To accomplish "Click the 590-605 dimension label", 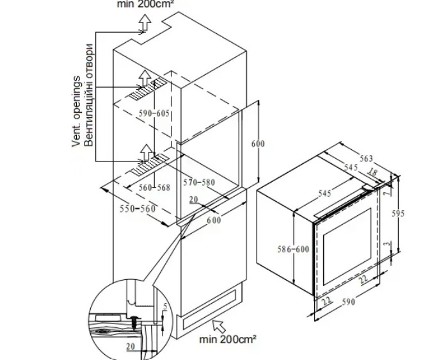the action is pos(154,113).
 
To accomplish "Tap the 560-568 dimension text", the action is pos(155,188).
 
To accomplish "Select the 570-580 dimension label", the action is pos(199,183).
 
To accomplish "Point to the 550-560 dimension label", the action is pos(138,209).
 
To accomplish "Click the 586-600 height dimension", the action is pos(293,249).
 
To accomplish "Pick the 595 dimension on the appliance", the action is pos(398,214).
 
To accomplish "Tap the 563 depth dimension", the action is pos(366,159).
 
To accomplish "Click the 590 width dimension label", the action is pos(348,302).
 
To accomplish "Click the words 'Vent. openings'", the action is pos(76,111).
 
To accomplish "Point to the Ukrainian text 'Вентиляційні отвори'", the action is pos(88,95).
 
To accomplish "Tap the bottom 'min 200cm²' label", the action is pos(228,340).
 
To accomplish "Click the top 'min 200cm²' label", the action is pos(145,4).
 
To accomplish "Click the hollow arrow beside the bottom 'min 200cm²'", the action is pos(219,327).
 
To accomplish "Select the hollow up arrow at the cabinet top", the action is pos(145,22).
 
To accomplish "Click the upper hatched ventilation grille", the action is pos(148,88).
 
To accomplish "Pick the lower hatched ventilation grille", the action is pos(148,165).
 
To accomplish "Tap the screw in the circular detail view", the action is pos(135,322).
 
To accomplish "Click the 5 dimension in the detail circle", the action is pos(165,306).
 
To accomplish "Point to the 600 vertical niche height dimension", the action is pos(258,143).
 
